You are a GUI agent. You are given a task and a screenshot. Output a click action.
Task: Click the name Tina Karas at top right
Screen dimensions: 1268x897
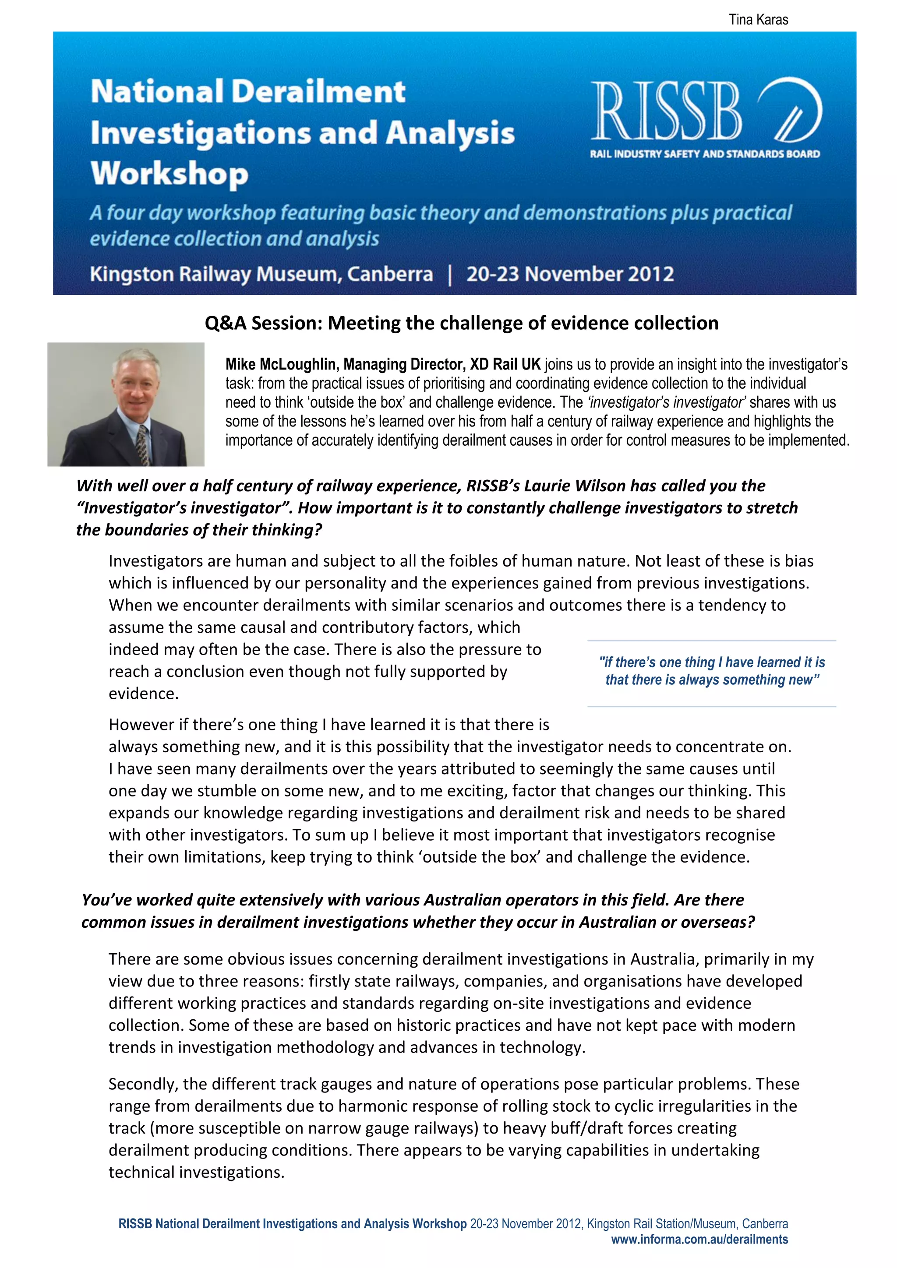point(758,20)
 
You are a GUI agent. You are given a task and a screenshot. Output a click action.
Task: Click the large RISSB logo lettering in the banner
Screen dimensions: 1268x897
point(666,110)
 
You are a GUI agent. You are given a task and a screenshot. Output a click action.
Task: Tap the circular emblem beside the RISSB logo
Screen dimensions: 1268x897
point(790,109)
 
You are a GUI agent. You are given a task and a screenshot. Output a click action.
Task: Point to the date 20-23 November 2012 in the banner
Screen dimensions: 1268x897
point(569,274)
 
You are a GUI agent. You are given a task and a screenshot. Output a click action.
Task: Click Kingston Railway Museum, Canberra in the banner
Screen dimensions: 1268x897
point(261,274)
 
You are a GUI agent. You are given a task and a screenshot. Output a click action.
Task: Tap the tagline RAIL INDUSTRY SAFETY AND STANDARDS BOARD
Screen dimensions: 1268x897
point(704,154)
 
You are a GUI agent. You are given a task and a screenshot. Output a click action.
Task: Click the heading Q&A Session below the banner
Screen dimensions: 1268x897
point(263,323)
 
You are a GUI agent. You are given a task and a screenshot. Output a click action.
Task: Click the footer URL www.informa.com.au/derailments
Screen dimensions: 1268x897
point(699,1239)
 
